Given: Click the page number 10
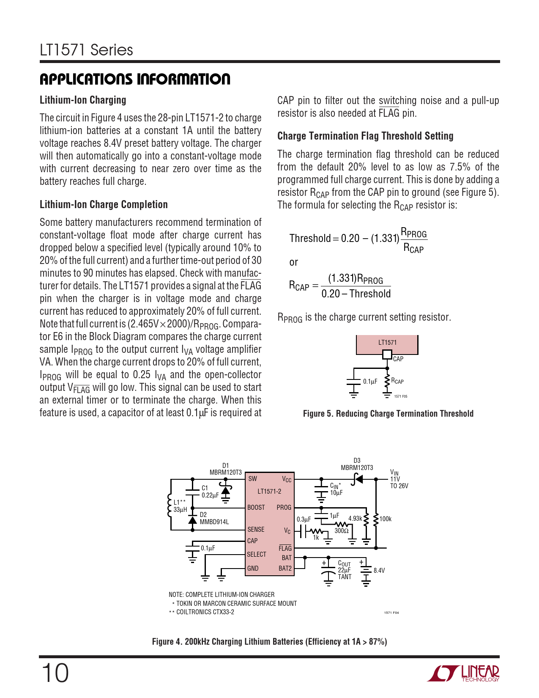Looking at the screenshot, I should (55, 673).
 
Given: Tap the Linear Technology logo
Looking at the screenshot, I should (463, 673).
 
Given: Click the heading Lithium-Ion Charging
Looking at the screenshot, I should (83, 100).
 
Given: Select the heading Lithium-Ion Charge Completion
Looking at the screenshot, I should (104, 205).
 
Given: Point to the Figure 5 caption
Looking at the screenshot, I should (388, 414).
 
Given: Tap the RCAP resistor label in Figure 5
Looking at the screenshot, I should (397, 381).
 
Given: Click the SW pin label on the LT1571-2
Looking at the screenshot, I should (252, 479).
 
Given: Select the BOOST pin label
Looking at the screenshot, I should (256, 508).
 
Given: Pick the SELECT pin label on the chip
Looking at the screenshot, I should (257, 555).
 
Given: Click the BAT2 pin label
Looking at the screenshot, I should (285, 569).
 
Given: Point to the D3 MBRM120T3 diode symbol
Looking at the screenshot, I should (358, 479).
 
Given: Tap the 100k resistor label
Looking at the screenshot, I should (386, 519).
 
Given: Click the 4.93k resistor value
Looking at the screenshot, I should (355, 519).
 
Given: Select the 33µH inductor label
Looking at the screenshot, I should (180, 510).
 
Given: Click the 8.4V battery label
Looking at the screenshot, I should (379, 571).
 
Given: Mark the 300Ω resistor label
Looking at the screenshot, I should (342, 531).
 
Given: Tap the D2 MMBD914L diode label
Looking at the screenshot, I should (214, 519).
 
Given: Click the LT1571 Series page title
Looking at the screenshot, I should (87, 50).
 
